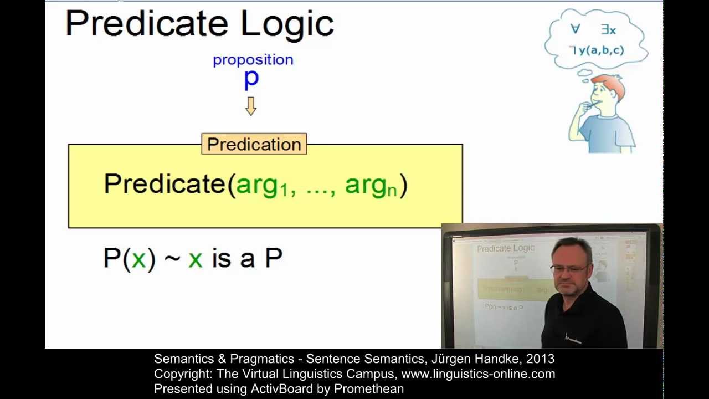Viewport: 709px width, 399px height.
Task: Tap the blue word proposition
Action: [253, 60]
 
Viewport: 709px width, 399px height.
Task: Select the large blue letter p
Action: [251, 79]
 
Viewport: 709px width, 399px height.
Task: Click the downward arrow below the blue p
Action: [251, 106]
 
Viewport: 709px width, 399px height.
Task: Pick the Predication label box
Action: [254, 144]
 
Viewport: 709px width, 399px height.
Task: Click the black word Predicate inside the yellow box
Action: [165, 184]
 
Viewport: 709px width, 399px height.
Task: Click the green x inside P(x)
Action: [138, 259]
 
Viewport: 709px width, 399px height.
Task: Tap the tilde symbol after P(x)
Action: [172, 259]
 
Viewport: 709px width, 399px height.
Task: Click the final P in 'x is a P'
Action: [274, 258]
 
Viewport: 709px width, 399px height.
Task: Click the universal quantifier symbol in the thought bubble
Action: [575, 29]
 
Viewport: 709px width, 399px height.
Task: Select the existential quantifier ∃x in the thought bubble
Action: [608, 30]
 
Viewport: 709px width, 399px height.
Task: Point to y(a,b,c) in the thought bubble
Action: [600, 50]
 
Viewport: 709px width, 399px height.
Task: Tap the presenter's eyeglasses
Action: [568, 269]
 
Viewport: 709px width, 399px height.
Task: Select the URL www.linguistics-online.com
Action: [478, 374]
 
